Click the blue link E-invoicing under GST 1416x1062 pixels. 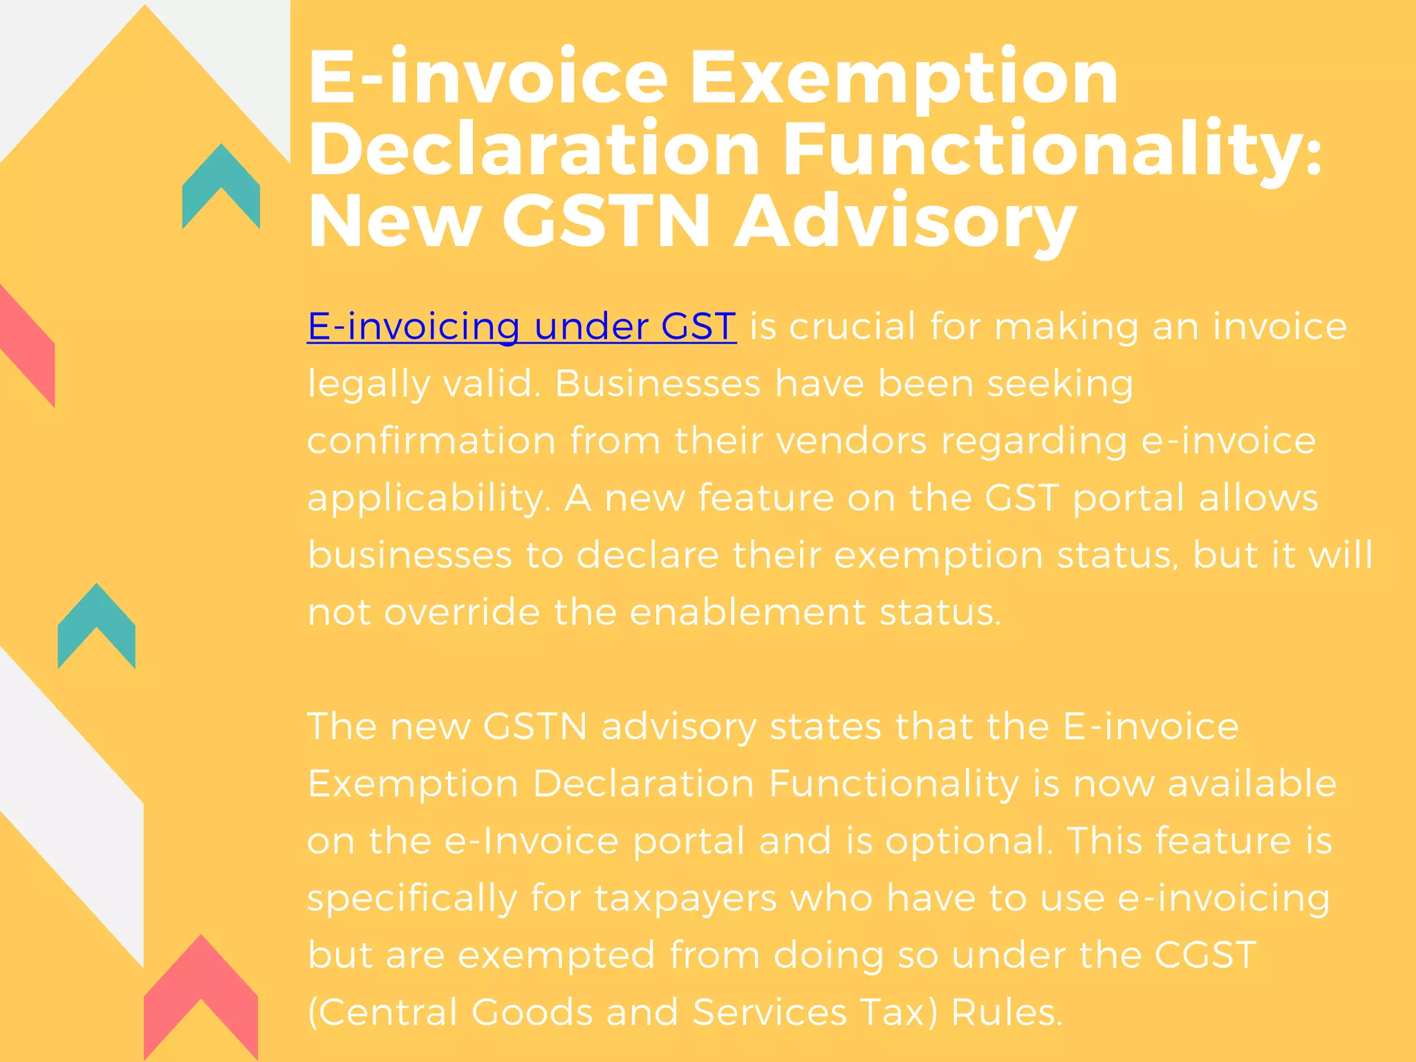point(521,326)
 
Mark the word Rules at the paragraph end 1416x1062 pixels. point(1007,1012)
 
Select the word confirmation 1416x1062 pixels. point(431,440)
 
